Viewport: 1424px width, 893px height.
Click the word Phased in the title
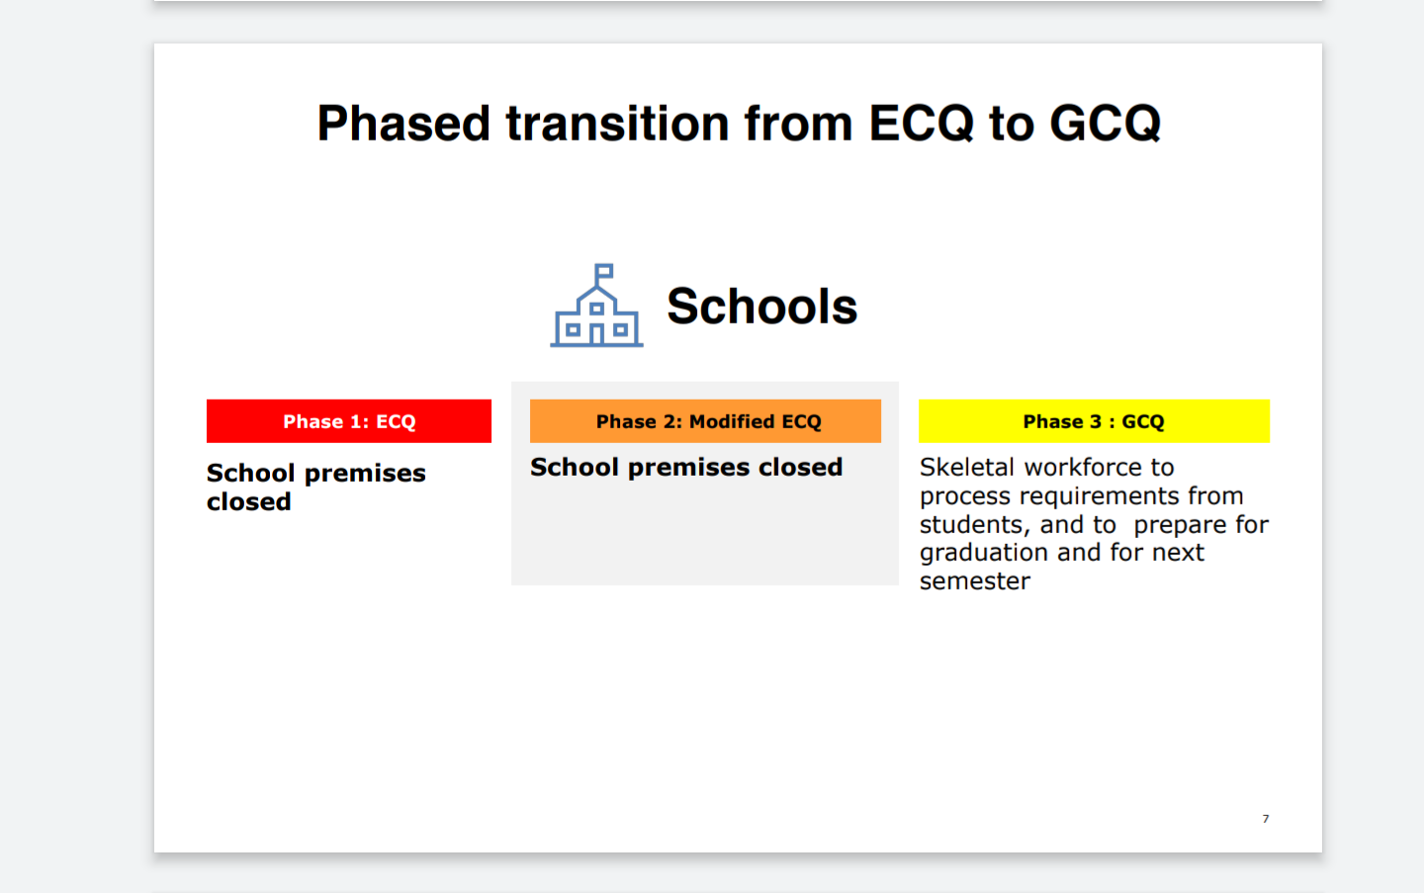pyautogui.click(x=403, y=123)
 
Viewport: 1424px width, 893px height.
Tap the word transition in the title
pyautogui.click(x=617, y=123)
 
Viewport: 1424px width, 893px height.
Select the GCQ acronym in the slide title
pyautogui.click(x=1105, y=123)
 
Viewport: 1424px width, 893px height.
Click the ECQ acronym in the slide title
pyautogui.click(x=922, y=123)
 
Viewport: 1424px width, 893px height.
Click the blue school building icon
pyautogui.click(x=596, y=306)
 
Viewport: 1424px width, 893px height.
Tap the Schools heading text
pyautogui.click(x=761, y=307)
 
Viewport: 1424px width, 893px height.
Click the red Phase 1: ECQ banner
pyautogui.click(x=349, y=420)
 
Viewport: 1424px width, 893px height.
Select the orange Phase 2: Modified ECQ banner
pyautogui.click(x=706, y=420)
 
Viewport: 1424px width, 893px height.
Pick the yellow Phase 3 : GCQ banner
pyautogui.click(x=1094, y=420)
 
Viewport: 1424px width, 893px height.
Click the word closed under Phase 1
pyautogui.click(x=249, y=501)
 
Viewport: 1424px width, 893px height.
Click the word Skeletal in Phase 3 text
pyautogui.click(x=966, y=467)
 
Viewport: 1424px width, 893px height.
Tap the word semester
pyautogui.click(x=975, y=581)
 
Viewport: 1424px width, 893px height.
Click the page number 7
pyautogui.click(x=1266, y=819)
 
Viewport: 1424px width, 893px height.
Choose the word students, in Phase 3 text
pyautogui.click(x=975, y=525)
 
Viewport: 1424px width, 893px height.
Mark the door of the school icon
pyautogui.click(x=596, y=335)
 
